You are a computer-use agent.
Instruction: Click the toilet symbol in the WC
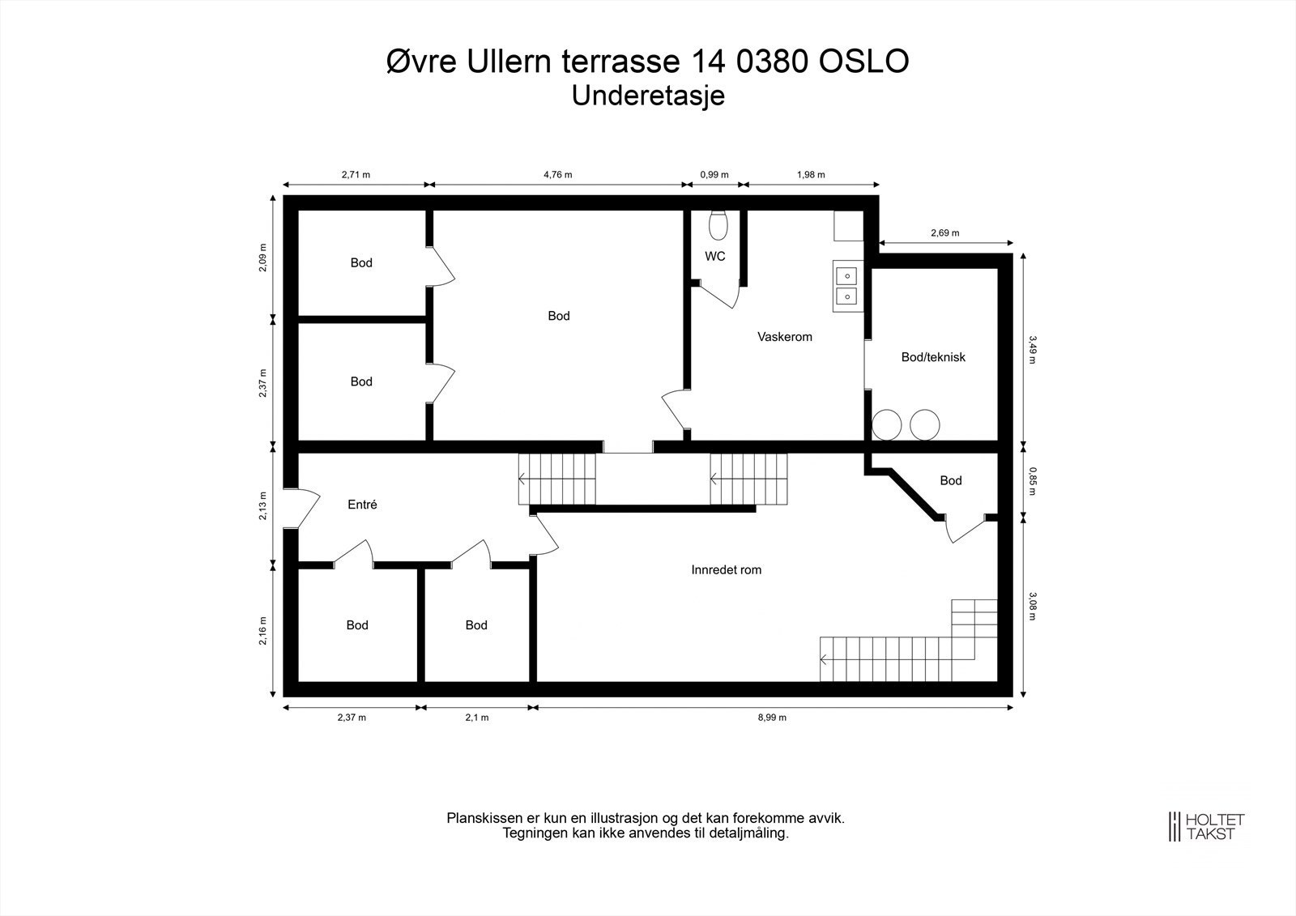(718, 226)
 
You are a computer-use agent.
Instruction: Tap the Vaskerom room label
(785, 337)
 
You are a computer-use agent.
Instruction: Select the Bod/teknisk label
(933, 357)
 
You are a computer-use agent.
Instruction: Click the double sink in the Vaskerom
(847, 287)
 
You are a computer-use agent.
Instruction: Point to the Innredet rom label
(726, 570)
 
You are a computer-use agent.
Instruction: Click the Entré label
(362, 505)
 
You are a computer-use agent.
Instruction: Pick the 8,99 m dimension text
(772, 718)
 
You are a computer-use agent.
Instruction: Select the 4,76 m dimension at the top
(558, 175)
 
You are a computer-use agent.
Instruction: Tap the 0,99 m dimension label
(714, 175)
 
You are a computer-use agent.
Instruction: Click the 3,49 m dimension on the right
(1033, 350)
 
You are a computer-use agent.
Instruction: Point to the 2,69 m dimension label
(944, 233)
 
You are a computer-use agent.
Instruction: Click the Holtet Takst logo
(1206, 826)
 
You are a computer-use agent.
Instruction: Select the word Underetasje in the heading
(648, 96)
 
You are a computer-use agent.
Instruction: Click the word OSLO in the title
(863, 62)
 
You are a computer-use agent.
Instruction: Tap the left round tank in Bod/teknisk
(886, 424)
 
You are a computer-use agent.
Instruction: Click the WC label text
(715, 257)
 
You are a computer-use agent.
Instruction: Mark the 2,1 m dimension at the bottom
(477, 718)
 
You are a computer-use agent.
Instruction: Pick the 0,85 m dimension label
(1033, 481)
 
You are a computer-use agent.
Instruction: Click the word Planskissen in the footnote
(484, 818)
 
